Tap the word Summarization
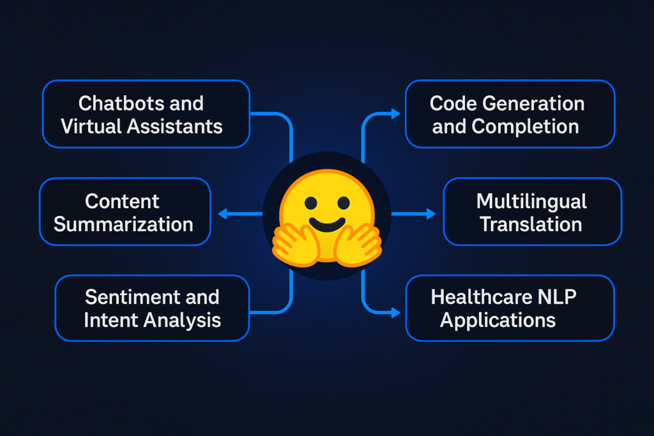(x=123, y=224)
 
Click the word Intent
(x=110, y=320)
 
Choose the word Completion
(x=525, y=126)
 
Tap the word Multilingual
(x=531, y=202)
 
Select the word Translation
(x=531, y=224)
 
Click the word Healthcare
(x=482, y=297)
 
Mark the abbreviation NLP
(x=557, y=297)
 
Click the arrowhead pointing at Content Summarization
(x=223, y=214)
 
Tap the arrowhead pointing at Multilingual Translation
(x=430, y=214)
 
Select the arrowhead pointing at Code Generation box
(x=395, y=114)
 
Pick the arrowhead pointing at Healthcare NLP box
(x=395, y=312)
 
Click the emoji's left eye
(x=311, y=203)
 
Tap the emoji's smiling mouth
(x=327, y=224)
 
